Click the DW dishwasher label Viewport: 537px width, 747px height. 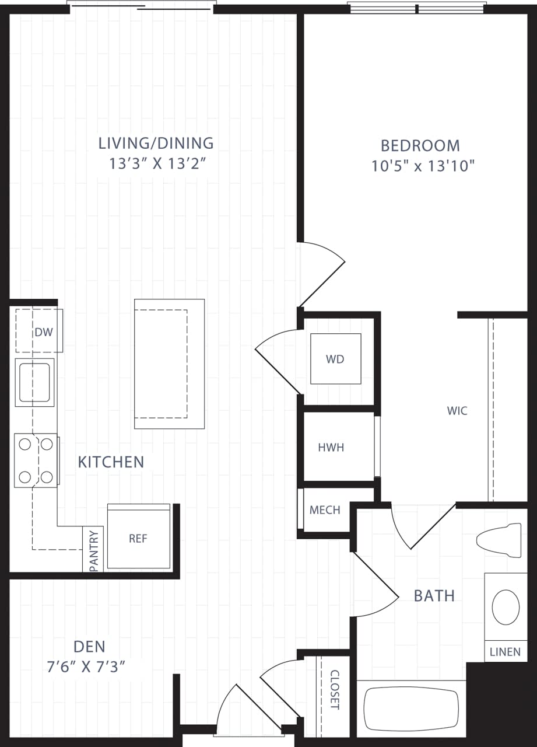click(44, 332)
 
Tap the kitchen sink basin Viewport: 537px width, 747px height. click(34, 382)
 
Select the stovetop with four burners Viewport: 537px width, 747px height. click(36, 460)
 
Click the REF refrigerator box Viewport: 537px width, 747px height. click(139, 537)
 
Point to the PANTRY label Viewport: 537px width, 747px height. click(93, 550)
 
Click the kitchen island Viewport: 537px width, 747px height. click(169, 364)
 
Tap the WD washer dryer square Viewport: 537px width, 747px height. click(335, 359)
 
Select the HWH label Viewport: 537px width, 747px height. click(331, 448)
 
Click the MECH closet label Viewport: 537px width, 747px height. click(325, 510)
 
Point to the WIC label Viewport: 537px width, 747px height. click(457, 411)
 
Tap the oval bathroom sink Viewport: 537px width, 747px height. click(506, 607)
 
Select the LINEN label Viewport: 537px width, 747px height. click(505, 652)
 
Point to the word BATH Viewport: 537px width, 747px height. click(434, 595)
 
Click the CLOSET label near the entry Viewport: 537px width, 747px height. click(335, 689)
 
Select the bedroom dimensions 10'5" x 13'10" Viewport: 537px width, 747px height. click(423, 166)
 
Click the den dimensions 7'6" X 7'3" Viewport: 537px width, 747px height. click(89, 667)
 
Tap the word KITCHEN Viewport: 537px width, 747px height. click(111, 462)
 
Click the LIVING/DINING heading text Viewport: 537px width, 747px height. click(156, 143)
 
